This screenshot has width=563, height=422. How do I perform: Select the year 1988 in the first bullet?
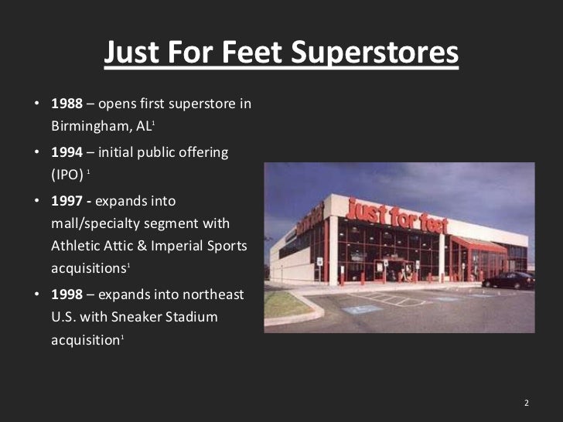[67, 104]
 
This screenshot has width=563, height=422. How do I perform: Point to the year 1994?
[67, 152]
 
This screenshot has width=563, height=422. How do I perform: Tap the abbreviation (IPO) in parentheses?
[67, 175]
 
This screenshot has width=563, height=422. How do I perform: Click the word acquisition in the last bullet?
[84, 340]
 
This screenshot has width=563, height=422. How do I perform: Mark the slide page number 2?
[526, 403]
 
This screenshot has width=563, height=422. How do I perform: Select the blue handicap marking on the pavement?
[363, 309]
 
